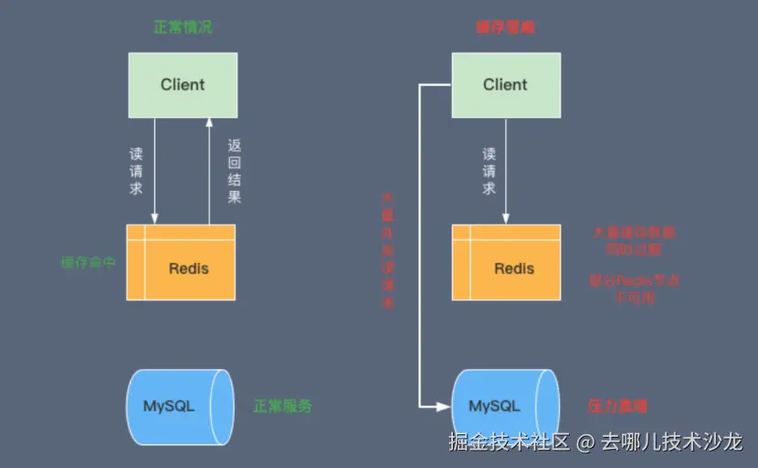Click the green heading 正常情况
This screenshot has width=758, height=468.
183,27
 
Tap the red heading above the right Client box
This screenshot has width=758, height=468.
505,27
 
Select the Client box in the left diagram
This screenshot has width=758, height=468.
183,85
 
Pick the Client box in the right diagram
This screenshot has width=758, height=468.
505,85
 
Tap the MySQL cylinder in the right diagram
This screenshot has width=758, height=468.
504,406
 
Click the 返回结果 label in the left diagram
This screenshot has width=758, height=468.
235,171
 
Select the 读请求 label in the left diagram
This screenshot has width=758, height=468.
136,171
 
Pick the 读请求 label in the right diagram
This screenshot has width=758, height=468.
490,171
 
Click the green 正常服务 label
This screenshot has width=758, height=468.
282,406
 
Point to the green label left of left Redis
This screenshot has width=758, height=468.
89,262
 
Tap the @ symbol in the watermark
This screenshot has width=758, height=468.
585,443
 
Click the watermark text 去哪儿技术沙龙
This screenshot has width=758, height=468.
671,443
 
